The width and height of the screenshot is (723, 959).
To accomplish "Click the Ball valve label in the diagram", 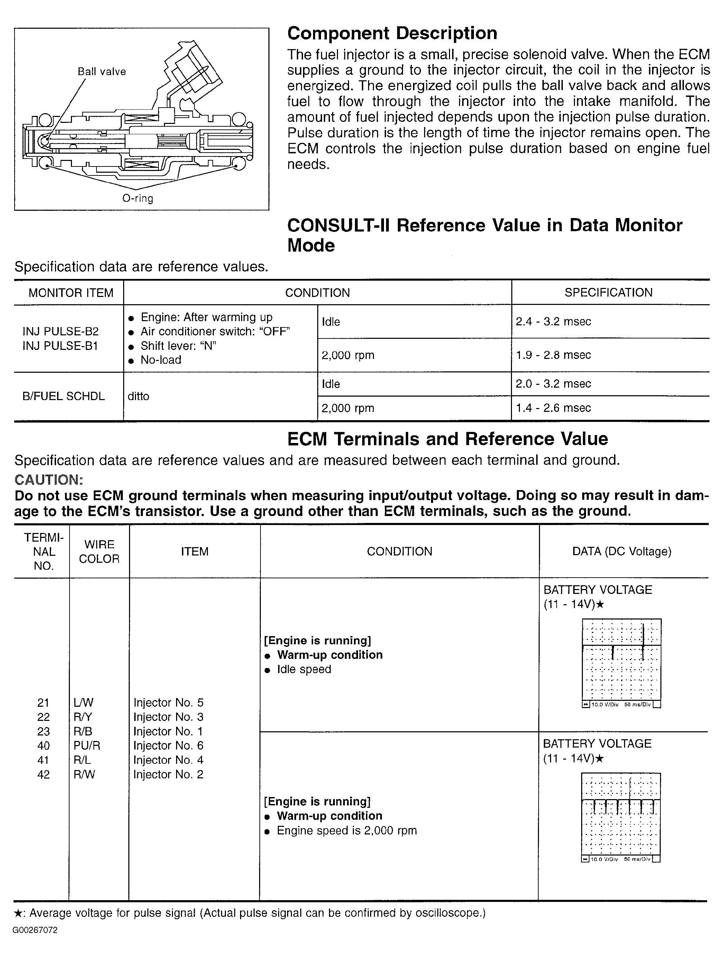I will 102,72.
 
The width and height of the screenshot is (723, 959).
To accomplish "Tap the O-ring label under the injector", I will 138,199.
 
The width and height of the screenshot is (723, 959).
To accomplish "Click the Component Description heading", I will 392,33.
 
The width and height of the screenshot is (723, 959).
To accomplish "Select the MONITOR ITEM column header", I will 71,293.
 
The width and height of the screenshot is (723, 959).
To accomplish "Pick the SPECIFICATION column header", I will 608,293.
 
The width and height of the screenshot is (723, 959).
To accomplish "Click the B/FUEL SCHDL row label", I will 64,396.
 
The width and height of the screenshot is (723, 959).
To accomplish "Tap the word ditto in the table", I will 138,396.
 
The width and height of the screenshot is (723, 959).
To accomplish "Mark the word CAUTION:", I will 48,480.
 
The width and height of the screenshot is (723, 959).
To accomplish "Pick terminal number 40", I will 43,746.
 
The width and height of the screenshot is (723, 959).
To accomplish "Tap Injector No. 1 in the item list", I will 168,731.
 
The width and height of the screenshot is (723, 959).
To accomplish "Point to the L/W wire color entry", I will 84,703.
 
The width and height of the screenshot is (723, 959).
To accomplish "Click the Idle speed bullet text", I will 304,669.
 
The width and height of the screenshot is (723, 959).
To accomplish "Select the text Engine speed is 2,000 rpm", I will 347,831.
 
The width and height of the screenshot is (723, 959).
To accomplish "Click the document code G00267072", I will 35,930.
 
